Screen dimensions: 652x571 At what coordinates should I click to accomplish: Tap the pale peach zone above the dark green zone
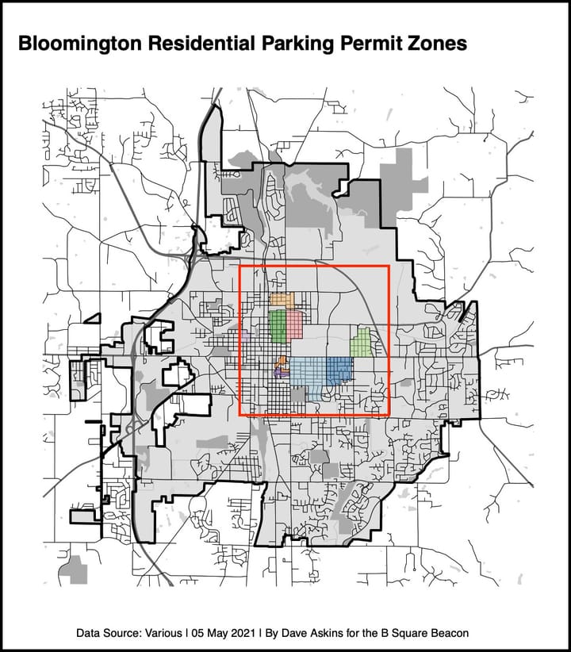coord(282,300)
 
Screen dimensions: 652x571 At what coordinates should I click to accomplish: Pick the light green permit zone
coord(362,343)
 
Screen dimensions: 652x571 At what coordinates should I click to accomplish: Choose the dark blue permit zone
coord(339,369)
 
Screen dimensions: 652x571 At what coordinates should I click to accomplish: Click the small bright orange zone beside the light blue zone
coord(282,364)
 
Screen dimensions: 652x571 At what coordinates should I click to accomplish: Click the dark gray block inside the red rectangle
coord(297,395)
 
